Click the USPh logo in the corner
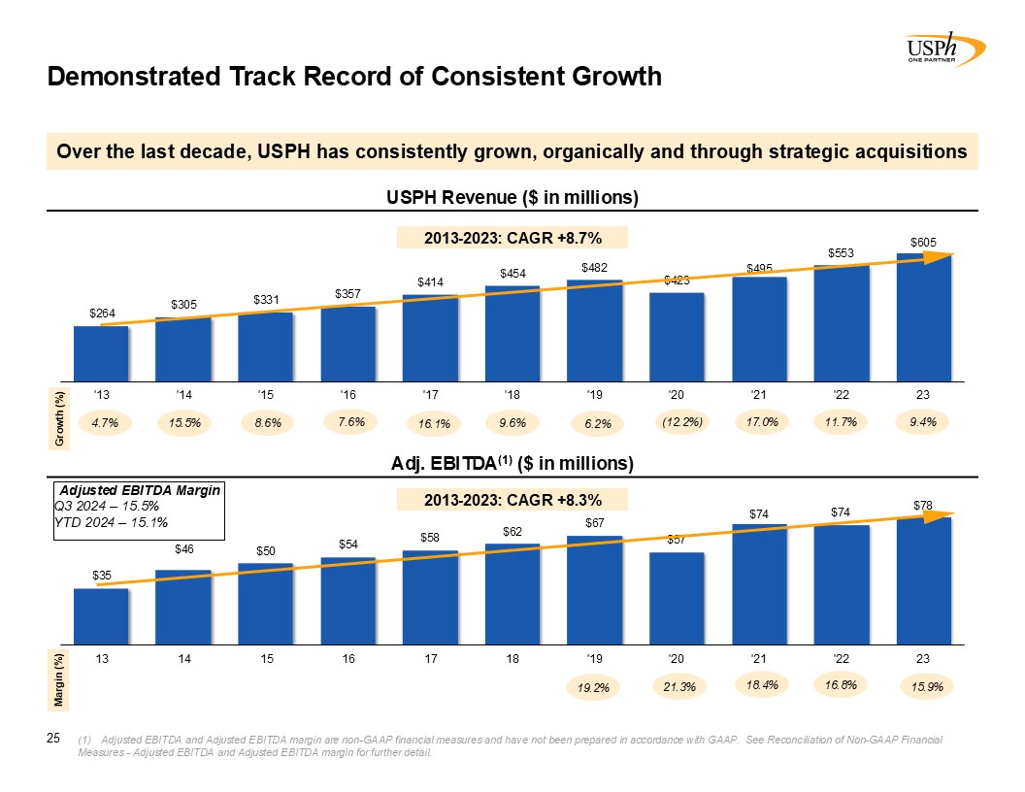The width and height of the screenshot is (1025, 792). click(x=944, y=48)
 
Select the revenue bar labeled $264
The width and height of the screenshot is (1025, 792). click(x=101, y=353)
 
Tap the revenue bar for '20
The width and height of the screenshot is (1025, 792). click(x=677, y=337)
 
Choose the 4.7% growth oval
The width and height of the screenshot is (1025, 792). click(x=104, y=423)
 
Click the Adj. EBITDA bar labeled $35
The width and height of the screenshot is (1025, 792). click(x=101, y=615)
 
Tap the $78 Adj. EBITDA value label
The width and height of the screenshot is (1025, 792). click(x=923, y=505)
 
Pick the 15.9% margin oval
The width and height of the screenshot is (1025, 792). click(x=926, y=687)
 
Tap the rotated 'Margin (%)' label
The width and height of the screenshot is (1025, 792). click(x=60, y=679)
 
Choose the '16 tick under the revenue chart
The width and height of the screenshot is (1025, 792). click(x=347, y=394)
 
